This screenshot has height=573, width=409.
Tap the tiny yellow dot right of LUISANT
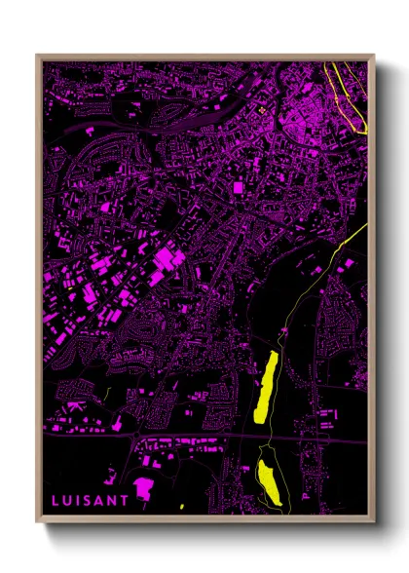pyautogui.click(x=182, y=507)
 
